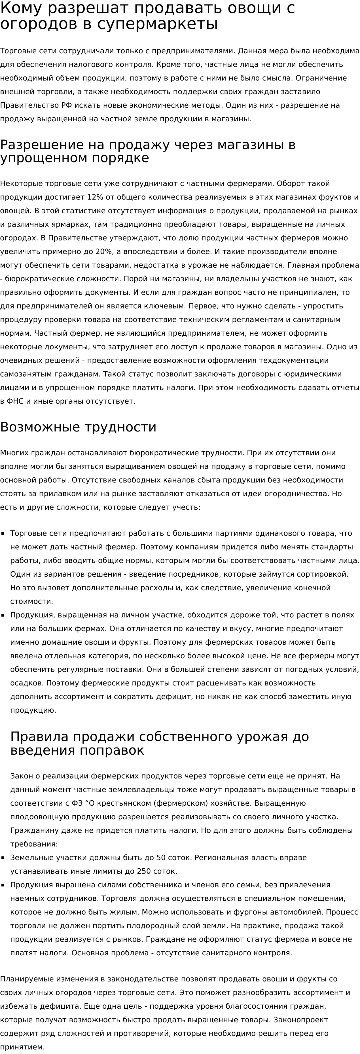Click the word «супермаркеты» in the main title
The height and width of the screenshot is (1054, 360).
tap(158, 24)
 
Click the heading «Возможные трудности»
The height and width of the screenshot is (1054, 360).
tap(78, 427)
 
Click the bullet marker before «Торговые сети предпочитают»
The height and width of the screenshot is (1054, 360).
tap(3, 534)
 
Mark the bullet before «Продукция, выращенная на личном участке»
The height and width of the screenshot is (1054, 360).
tap(3, 615)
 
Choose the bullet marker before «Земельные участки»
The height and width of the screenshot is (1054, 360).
tap(3, 858)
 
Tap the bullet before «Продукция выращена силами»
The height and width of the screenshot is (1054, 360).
tap(3, 885)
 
